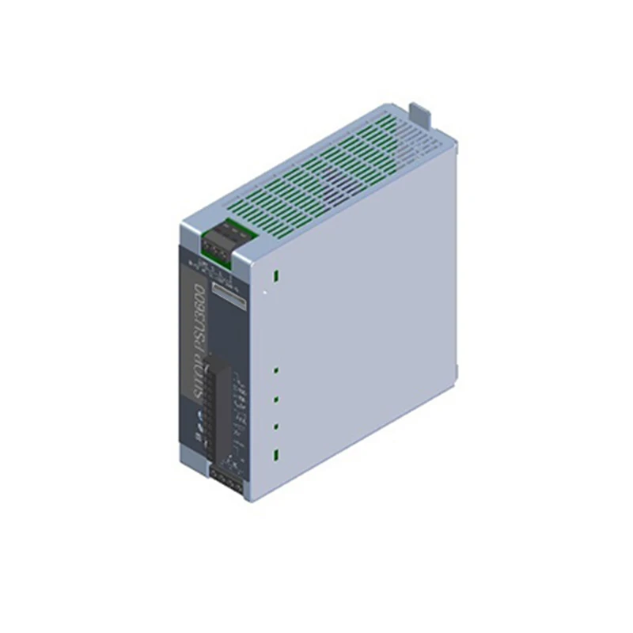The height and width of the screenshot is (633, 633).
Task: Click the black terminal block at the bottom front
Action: pyautogui.click(x=227, y=479)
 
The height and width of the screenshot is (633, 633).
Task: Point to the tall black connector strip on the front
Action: pyautogui.click(x=211, y=407)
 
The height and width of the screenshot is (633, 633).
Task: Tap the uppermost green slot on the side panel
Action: pyautogui.click(x=276, y=276)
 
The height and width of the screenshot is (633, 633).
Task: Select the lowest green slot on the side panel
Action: pyautogui.click(x=276, y=455)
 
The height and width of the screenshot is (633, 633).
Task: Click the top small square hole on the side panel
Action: pyautogui.click(x=276, y=370)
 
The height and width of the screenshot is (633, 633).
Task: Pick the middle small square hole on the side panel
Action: pyautogui.click(x=276, y=399)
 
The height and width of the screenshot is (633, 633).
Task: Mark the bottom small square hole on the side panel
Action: pyautogui.click(x=276, y=427)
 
